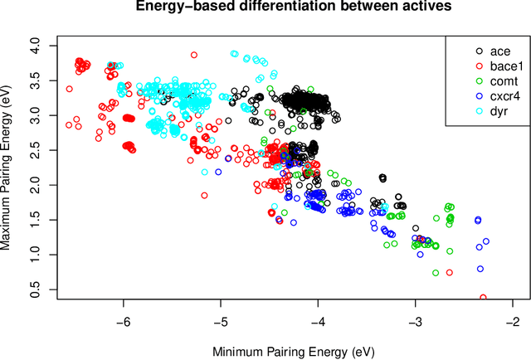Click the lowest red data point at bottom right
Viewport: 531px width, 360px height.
tap(483, 297)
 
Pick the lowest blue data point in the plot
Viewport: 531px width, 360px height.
tap(480, 269)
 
